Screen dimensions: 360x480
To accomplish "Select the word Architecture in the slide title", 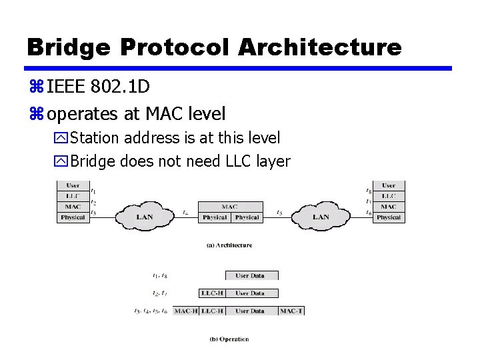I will point(319,47).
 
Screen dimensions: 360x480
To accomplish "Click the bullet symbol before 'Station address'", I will point(61,139).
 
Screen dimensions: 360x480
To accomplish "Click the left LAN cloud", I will point(144,217).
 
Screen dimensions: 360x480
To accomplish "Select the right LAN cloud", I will point(321,217).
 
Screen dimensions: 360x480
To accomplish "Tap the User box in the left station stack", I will point(73,185).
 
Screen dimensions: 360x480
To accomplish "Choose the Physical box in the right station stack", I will point(389,217).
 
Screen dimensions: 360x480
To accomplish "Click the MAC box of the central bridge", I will point(230,207).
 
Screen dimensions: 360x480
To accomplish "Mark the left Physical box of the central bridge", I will point(215,217).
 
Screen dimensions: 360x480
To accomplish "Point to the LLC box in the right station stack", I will point(389,196).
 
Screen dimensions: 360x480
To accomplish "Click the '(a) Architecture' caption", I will point(229,245).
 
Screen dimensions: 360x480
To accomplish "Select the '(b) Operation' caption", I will point(229,339).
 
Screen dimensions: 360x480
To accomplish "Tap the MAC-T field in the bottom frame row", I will point(291,311).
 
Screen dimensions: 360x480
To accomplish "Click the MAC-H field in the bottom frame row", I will point(186,311).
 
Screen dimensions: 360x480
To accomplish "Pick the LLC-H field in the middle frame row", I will point(212,293).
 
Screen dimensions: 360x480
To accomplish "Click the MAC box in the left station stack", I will point(73,207).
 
